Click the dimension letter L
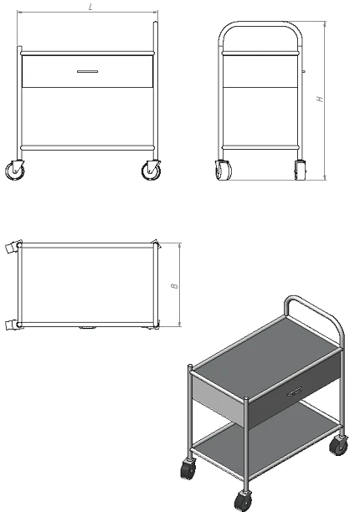90,7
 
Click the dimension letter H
319,100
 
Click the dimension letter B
174,285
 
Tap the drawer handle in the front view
87,72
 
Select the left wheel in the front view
16,171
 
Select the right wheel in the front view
152,170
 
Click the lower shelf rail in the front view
87,148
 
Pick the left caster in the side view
224,170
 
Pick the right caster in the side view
299,168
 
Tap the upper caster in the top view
11,248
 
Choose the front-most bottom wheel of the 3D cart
244,502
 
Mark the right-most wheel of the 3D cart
339,445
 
